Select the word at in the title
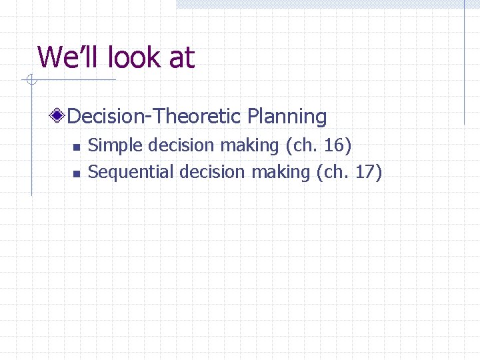(181, 59)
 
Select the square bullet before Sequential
(76, 173)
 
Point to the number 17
(366, 172)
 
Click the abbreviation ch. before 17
(335, 172)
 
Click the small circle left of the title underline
(31, 81)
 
